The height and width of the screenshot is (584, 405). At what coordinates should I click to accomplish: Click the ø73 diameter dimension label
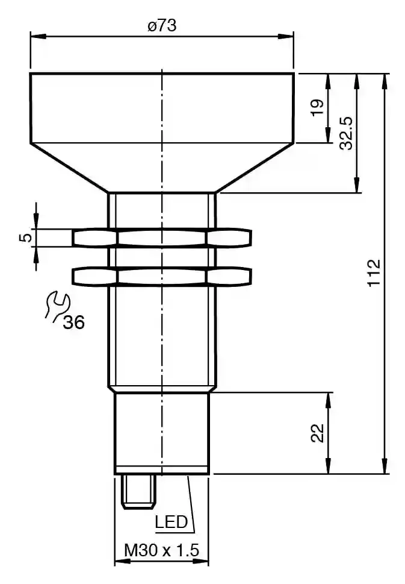tap(162, 26)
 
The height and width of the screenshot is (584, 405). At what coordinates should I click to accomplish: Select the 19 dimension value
tap(318, 108)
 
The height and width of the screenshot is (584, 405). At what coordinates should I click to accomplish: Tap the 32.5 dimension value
tap(347, 133)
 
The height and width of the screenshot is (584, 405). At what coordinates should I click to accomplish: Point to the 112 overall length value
tap(374, 272)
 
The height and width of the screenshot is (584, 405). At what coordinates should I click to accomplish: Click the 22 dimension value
tap(318, 433)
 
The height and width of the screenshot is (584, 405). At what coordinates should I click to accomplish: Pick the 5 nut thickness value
tap(26, 237)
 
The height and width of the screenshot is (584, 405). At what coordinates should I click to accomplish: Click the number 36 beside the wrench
tap(73, 322)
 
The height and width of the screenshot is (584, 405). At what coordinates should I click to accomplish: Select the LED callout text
tap(172, 522)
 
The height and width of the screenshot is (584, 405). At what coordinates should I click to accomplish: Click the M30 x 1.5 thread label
tap(162, 550)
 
